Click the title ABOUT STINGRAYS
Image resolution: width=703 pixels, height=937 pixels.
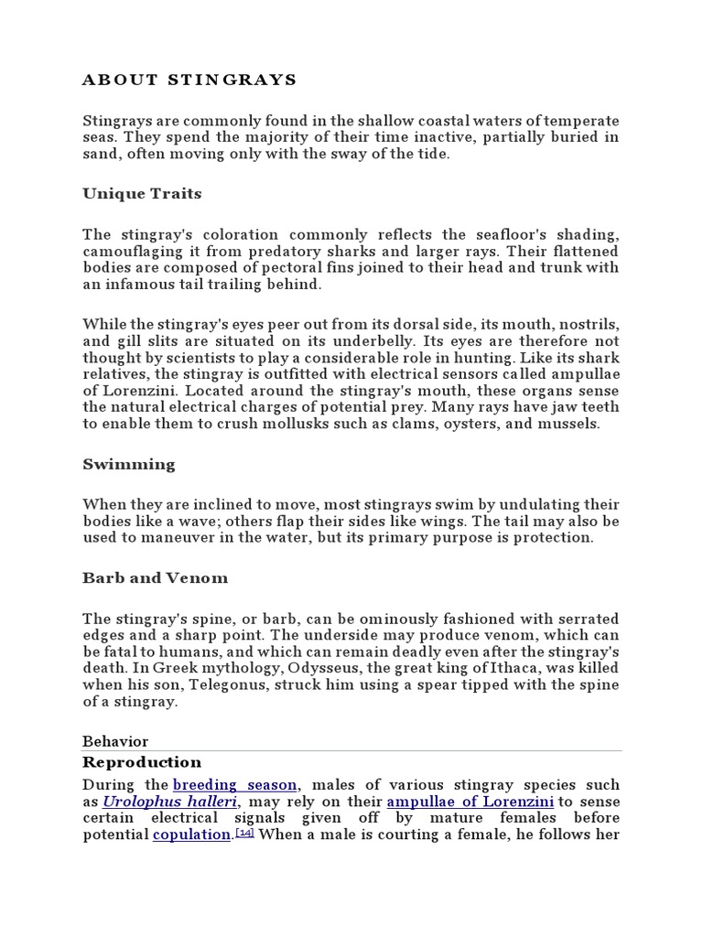click(189, 80)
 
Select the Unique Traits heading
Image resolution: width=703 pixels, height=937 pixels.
click(142, 194)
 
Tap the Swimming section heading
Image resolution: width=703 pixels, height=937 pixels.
click(129, 464)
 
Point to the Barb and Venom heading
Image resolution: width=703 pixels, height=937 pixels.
click(156, 578)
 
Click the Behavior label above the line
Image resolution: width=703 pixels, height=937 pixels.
click(115, 741)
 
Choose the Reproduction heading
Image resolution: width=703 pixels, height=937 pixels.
click(142, 762)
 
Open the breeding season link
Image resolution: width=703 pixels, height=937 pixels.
click(235, 785)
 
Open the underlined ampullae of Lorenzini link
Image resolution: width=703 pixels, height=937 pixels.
click(470, 802)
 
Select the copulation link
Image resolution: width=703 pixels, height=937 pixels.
click(191, 835)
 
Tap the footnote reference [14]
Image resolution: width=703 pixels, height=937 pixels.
click(244, 833)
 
